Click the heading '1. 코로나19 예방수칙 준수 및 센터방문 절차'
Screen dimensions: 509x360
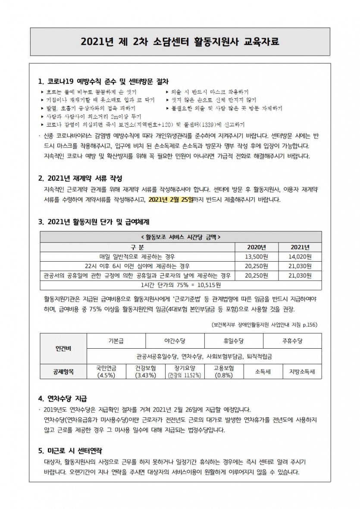pyautogui.click(x=103, y=81)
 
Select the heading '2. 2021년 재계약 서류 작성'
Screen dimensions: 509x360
pyautogui.click(x=80, y=178)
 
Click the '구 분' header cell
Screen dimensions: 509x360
pyautogui.click(x=138, y=247)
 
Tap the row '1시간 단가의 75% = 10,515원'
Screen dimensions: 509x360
pyautogui.click(x=181, y=284)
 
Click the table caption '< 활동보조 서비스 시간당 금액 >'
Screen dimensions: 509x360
pyautogui.click(x=181, y=237)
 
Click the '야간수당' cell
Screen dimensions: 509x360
pyautogui.click(x=175, y=340)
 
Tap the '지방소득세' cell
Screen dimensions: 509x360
pyautogui.click(x=302, y=372)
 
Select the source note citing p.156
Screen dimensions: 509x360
pyautogui.click(x=264, y=324)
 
